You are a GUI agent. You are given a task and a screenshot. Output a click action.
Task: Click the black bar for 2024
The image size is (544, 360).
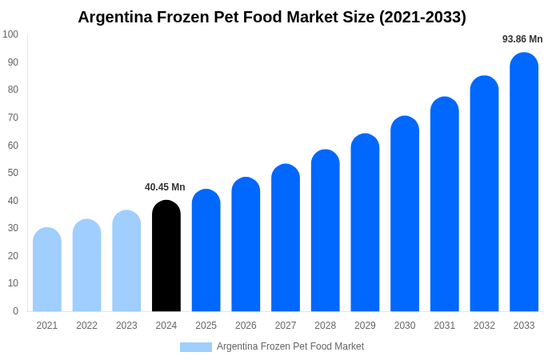click(166, 256)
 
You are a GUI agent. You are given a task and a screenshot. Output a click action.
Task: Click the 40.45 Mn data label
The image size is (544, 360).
click(165, 187)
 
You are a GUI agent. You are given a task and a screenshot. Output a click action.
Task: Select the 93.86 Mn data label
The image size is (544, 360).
click(522, 39)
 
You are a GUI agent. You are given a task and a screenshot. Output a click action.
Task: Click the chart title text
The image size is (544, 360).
click(272, 17)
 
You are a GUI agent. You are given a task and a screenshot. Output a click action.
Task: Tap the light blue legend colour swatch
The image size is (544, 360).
click(196, 347)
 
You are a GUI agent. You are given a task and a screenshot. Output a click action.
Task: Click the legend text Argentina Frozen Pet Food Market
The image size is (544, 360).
click(290, 346)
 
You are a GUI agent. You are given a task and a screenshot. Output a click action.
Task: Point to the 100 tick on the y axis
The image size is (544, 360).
click(10, 34)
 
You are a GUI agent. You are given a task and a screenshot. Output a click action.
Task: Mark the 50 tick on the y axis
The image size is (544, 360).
click(13, 173)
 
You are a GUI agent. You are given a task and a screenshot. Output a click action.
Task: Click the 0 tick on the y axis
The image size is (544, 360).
click(15, 311)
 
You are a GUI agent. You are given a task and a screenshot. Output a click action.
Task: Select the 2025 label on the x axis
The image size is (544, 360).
click(206, 326)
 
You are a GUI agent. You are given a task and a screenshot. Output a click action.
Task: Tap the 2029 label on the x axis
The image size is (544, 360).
click(365, 326)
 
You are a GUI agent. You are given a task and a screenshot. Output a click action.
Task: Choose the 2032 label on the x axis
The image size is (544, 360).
click(484, 326)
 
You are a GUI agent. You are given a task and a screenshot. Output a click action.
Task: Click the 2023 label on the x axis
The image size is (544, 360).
click(126, 326)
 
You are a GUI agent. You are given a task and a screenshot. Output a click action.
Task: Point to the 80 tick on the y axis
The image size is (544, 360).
click(13, 90)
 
